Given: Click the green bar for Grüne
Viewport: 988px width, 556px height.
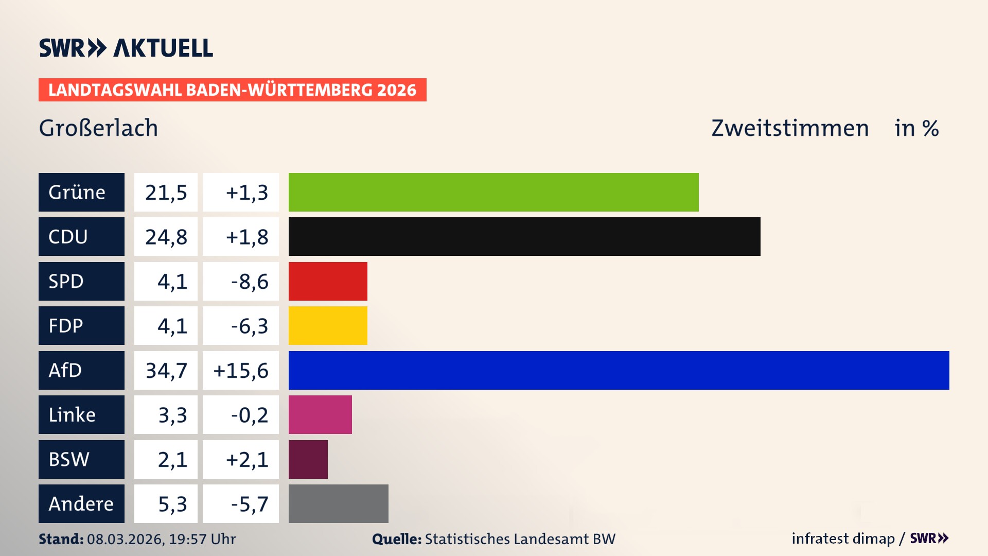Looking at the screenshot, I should click(x=493, y=192).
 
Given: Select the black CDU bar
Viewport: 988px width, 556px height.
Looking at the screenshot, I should click(x=524, y=236).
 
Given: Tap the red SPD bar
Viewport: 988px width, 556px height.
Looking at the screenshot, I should click(x=328, y=281).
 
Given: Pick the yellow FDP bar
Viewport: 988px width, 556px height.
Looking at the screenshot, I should click(x=328, y=325).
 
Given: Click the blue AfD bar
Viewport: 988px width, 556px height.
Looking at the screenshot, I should click(x=619, y=370).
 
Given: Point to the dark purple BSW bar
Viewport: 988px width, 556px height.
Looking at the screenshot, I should click(x=308, y=459).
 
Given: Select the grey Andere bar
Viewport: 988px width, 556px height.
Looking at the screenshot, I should click(x=338, y=503).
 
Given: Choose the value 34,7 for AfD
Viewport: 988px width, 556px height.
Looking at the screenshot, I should click(x=166, y=370).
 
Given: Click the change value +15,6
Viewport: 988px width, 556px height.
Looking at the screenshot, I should click(x=241, y=370).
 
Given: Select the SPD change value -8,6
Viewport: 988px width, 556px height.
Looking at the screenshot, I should click(x=249, y=281).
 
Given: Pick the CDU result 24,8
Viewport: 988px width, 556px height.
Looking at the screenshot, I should click(x=166, y=236).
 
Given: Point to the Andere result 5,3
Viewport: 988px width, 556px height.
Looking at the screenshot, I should click(x=172, y=503).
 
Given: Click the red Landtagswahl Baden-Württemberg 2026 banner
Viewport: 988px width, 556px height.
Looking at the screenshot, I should click(x=232, y=90).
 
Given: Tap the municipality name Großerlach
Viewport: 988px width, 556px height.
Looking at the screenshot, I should click(x=98, y=128).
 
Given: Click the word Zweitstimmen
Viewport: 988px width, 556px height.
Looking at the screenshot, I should click(x=790, y=128).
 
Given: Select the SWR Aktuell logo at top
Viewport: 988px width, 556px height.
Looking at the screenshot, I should click(x=126, y=48).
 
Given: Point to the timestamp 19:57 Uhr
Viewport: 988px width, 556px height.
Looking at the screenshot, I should click(x=202, y=539).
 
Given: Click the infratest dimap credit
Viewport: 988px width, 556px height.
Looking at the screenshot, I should click(x=842, y=538).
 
